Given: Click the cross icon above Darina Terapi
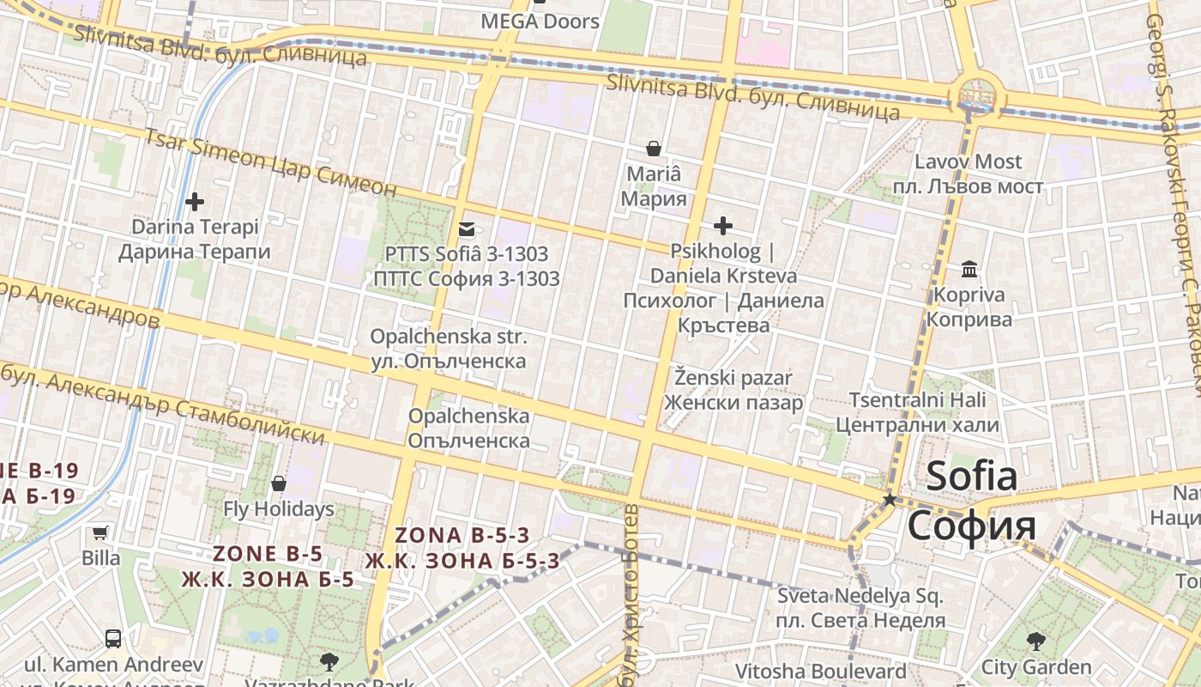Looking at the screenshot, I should point(195,202).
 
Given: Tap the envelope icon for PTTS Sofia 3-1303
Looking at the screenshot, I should point(467,229).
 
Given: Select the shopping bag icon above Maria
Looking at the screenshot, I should point(654,149).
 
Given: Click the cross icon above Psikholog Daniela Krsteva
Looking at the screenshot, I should point(723,226).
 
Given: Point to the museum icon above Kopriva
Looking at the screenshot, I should point(969,270).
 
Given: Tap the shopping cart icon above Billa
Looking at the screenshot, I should point(100,532).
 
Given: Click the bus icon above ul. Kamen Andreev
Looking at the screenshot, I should point(112,638).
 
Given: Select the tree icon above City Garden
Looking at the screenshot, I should point(1036,641).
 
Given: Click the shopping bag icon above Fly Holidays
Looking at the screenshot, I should point(278,483).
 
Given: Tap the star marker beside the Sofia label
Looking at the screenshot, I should point(890,500).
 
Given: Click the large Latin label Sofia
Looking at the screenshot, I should point(971,475).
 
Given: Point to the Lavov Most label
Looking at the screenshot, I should point(968,161).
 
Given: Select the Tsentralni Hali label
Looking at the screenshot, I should point(917,399).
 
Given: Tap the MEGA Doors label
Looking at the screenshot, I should point(540,21).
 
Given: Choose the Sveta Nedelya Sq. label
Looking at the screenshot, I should point(860,595).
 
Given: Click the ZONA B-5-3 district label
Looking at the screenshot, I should point(462,535).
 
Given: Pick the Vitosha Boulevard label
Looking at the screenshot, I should point(820,671).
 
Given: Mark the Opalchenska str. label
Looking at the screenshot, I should point(448,337).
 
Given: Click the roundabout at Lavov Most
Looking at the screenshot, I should point(975,94).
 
